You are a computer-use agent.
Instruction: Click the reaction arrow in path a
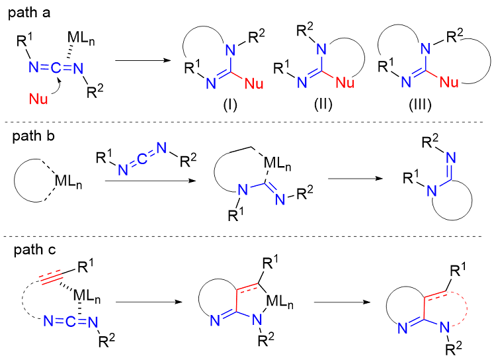[x=140, y=62]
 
